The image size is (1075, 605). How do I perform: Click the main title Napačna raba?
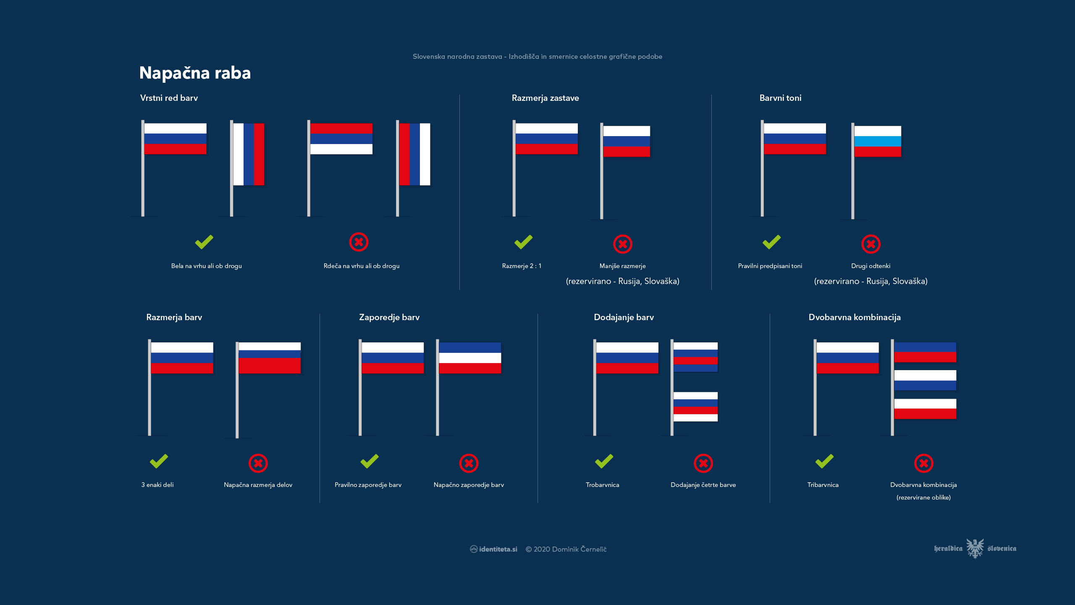[x=195, y=73]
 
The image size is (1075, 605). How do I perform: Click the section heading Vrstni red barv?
[x=169, y=98]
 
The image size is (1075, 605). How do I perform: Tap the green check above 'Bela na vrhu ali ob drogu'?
[x=204, y=242]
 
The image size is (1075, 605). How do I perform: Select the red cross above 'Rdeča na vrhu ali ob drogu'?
[x=359, y=242]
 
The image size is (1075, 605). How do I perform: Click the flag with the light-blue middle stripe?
[x=878, y=141]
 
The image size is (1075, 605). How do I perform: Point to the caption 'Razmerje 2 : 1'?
[x=522, y=266]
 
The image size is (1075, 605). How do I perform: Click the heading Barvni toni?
[x=780, y=98]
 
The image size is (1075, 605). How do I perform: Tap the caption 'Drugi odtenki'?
[x=870, y=266]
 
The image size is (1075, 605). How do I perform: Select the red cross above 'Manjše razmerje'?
[x=623, y=244]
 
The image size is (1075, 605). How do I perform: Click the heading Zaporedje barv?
[x=389, y=317]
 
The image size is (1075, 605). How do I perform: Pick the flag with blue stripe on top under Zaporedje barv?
[x=470, y=358]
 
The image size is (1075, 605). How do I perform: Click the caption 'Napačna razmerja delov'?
[x=258, y=485]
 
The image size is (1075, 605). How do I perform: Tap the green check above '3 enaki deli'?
[x=159, y=461]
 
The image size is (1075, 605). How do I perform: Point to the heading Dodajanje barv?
[x=624, y=317]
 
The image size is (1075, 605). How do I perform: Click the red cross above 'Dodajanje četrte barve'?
[x=703, y=463]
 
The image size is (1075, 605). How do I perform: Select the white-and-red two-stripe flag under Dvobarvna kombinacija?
[x=925, y=409]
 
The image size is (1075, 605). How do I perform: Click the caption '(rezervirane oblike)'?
[x=923, y=497]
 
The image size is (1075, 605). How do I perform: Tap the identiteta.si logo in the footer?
[x=493, y=549]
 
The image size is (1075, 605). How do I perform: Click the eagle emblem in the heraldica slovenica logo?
[x=975, y=548]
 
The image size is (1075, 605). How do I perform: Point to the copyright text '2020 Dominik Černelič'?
[x=570, y=549]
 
